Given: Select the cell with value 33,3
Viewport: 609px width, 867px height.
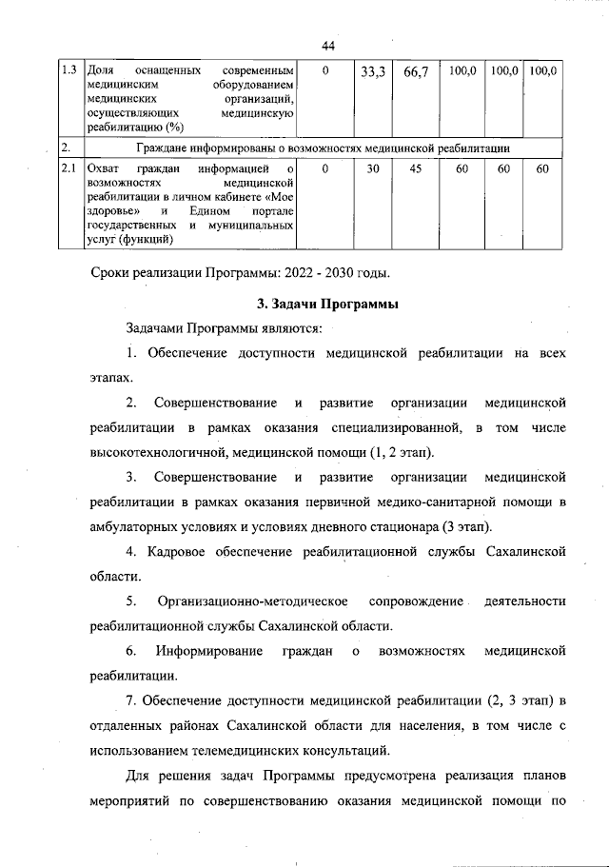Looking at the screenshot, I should [372, 71].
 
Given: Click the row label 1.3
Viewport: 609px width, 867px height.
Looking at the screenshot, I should [69, 70].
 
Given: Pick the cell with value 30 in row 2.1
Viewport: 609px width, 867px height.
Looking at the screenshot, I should [373, 168].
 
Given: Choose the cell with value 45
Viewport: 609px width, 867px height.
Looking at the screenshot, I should [416, 168].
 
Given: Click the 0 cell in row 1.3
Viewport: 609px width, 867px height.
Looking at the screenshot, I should [325, 70].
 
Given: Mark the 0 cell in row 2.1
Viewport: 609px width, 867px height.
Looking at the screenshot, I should [325, 168].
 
